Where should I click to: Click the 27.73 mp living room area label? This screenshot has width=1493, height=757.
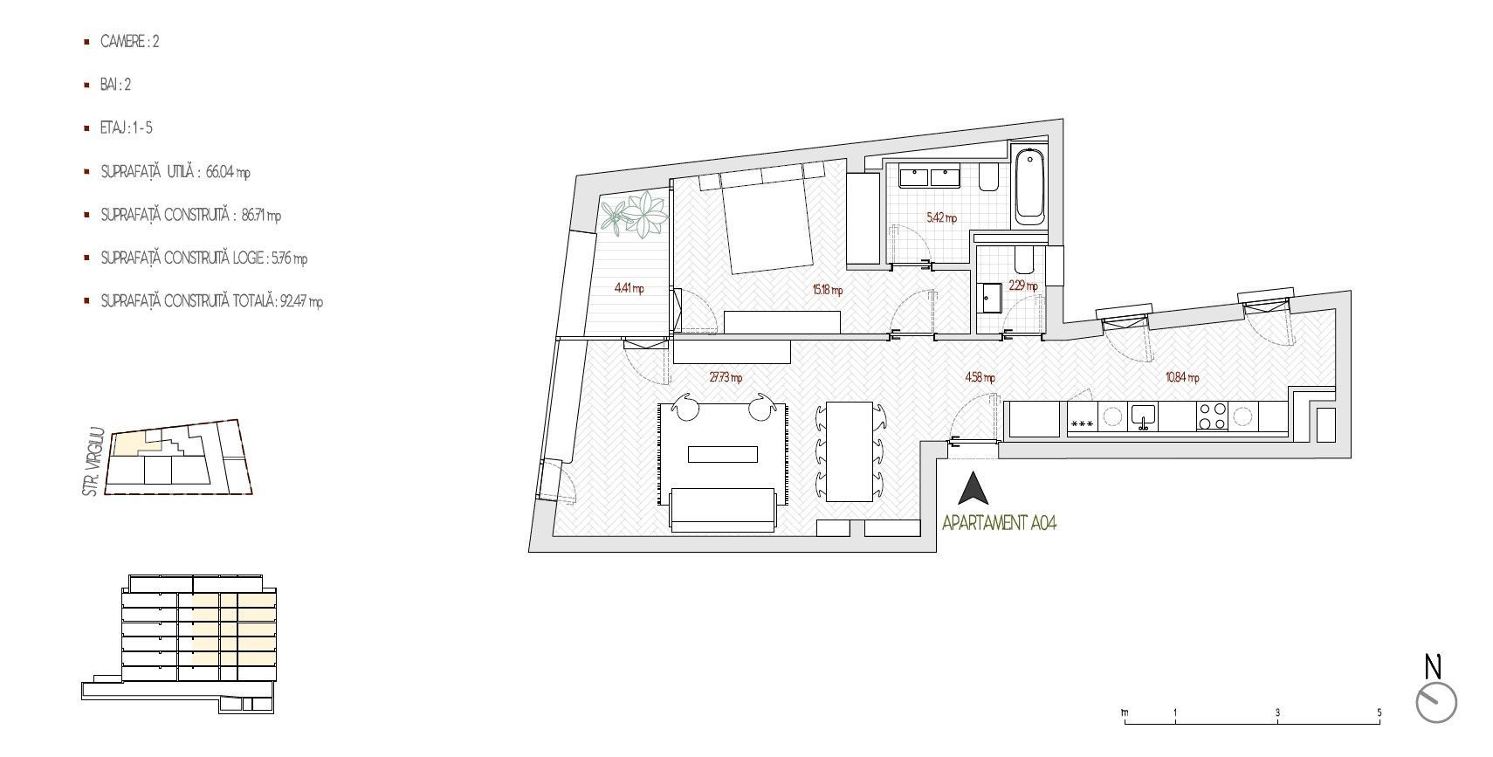coord(726,377)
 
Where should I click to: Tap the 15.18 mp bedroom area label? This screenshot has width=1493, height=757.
coord(827,290)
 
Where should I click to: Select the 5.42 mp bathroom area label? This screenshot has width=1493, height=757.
coord(941,217)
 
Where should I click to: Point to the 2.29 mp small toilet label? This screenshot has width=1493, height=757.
coord(1022,286)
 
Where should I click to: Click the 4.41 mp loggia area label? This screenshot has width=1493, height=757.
coord(629,288)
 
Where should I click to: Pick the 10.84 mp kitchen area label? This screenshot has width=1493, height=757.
coord(1181,377)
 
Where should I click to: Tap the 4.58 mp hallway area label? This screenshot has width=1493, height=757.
coord(980,377)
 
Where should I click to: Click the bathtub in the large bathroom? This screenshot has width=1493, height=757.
coord(1029,186)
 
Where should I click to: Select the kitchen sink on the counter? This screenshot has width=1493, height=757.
coord(1143,418)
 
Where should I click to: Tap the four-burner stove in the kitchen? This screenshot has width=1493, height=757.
coord(1212,416)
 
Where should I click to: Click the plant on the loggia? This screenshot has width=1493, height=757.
coord(634,213)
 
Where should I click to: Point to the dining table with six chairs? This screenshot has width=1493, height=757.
coord(850,451)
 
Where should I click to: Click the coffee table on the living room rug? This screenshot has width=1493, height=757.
coord(723,454)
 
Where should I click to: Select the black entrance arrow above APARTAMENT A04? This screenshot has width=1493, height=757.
coord(974,488)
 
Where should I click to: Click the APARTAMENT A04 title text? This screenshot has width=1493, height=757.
coord(999,523)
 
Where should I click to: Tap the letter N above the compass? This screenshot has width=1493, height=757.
coord(1433,666)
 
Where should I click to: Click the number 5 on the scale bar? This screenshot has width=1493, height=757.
coord(1379,712)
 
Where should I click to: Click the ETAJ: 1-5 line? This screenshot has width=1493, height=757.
coord(126,128)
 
